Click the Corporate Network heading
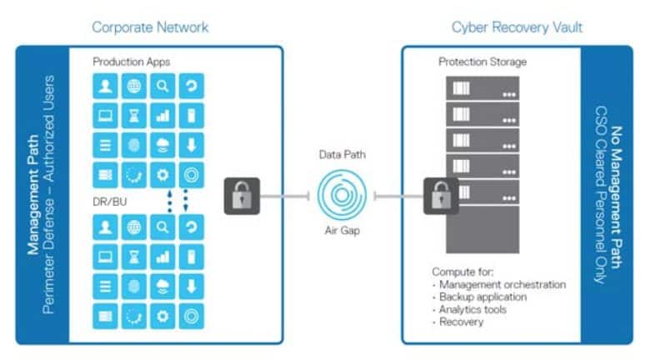coord(150,27)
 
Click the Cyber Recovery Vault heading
coord(517,27)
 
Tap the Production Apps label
coord(132,62)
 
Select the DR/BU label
coord(110,202)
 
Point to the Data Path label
coord(342,155)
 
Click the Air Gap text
coord(342,230)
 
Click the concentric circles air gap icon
coord(342,195)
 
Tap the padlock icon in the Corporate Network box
coord(242,196)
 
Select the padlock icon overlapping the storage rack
coord(441,196)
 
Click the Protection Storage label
coord(482,62)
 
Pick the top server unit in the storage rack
coord(482,88)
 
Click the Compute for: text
coord(462,272)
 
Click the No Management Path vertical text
coord(617,197)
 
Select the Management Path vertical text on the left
coord(33,194)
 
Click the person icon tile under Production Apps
coord(105,87)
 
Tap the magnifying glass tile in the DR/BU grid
coord(162,227)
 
